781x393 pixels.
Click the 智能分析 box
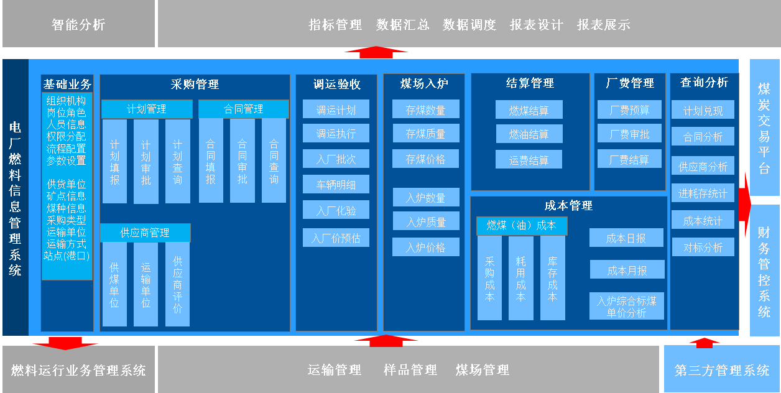78,24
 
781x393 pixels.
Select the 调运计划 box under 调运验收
336,109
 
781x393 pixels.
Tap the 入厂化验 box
336,210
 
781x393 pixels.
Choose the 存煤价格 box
426,159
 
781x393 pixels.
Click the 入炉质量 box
426,221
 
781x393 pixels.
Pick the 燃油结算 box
529,134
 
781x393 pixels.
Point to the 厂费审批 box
629,134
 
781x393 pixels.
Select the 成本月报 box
627,270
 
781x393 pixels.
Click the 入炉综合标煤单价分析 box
627,307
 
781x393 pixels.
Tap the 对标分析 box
703,247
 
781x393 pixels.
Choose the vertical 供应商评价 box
178,284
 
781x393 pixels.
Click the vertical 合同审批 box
243,161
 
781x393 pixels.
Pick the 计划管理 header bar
147,109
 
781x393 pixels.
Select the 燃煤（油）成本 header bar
522,226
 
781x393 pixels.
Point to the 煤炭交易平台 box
764,128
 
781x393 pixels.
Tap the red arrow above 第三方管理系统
704,342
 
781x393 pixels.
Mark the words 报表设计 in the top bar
536,25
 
